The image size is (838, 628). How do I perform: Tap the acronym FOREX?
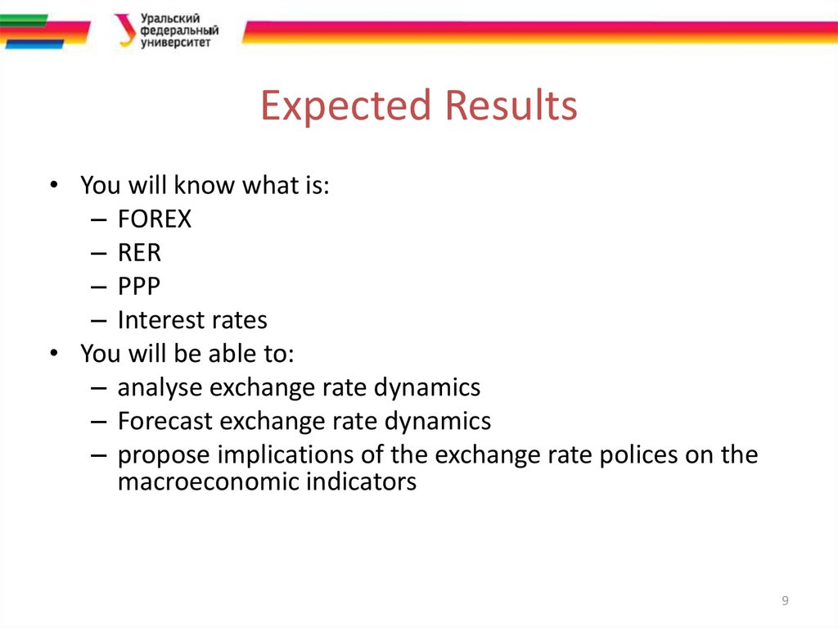[x=154, y=219]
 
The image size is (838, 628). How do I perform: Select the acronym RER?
[x=139, y=253]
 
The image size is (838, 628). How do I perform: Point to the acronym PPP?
[x=138, y=287]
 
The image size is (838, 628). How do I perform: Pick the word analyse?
[x=163, y=387]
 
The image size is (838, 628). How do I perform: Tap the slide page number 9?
[x=785, y=602]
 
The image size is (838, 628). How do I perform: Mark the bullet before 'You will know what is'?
[x=53, y=186]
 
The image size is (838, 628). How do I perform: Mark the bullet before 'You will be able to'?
[x=53, y=354]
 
